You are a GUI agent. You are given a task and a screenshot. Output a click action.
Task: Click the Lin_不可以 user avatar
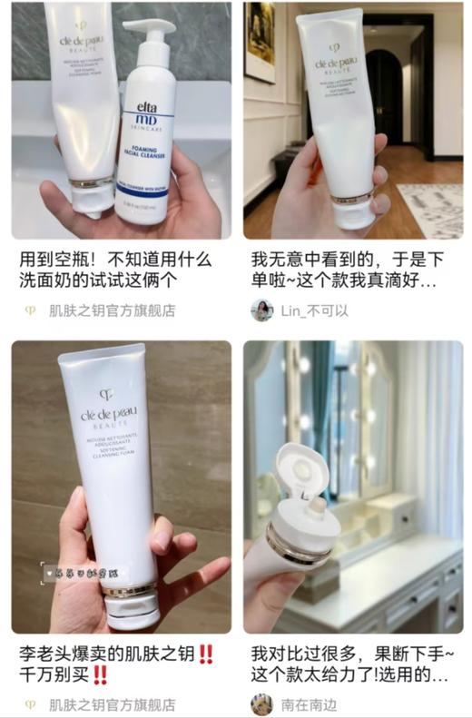[x=261, y=310]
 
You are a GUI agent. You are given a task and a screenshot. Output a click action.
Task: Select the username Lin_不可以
[x=315, y=310]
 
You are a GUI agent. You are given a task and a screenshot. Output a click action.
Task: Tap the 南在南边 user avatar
[x=261, y=704]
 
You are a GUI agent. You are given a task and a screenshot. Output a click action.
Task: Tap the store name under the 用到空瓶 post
[x=113, y=310]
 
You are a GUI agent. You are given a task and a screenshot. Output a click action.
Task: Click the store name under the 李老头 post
[x=113, y=704]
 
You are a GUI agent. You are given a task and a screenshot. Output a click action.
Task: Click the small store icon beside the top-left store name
[x=30, y=310]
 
